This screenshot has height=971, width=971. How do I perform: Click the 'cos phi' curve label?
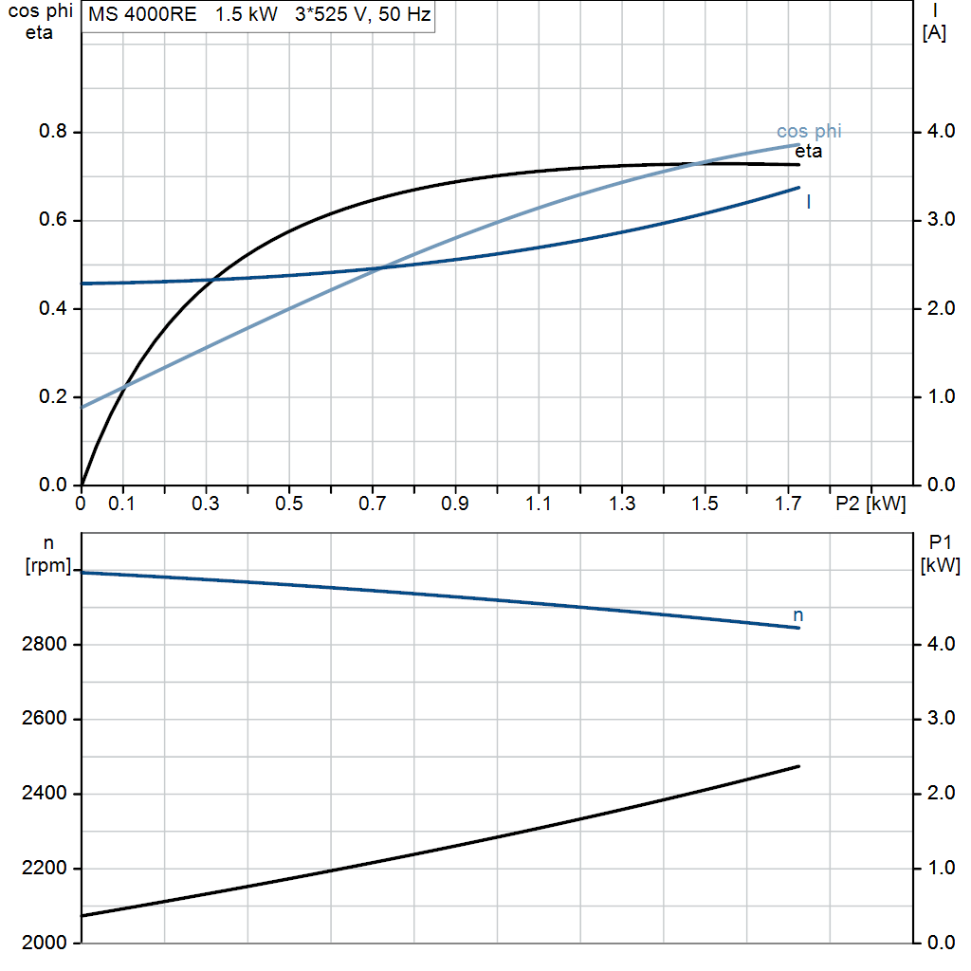coord(809,131)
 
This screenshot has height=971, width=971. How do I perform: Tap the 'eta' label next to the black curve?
coord(808,151)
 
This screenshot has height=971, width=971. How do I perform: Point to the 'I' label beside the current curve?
coord(809,201)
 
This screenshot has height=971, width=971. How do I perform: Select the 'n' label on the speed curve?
coord(798,615)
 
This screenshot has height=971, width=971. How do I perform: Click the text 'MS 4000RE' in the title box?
coord(142,14)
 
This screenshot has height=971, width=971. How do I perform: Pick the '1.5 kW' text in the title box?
coord(247,14)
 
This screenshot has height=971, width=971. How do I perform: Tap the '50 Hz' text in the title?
coord(404,14)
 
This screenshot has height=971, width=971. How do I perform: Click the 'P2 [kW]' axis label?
coord(870,504)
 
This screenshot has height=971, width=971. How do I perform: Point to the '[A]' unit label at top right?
coord(934,33)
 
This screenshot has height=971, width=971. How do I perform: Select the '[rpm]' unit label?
coord(48,565)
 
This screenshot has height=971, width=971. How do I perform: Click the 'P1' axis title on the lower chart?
coord(940,543)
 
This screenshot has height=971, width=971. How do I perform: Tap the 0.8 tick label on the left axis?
coord(53,131)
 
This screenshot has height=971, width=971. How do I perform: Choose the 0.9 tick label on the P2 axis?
coord(455,504)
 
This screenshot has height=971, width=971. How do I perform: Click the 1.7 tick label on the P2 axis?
coord(788,504)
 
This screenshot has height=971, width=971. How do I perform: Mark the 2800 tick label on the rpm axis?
coord(44,644)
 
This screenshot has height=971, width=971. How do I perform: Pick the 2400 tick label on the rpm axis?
coord(44,794)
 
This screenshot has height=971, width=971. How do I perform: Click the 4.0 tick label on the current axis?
coord(941,131)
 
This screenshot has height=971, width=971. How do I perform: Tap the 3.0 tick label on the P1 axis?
coord(941,719)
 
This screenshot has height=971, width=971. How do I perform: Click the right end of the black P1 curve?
coord(798,766)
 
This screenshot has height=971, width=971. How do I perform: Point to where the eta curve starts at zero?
coord(82,485)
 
